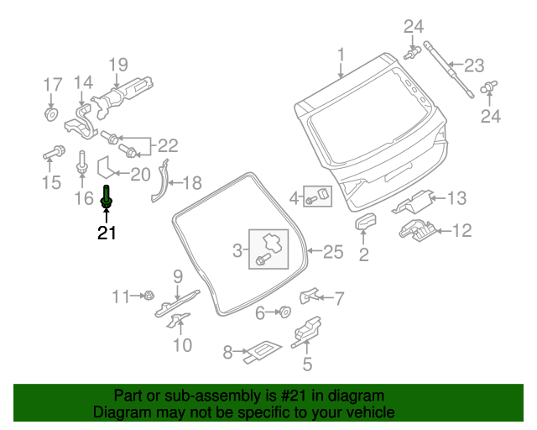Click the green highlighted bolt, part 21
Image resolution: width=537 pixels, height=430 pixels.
[x=107, y=197]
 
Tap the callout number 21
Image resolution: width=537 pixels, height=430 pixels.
[x=107, y=233]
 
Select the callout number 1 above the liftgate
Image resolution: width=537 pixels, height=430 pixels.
[x=341, y=55]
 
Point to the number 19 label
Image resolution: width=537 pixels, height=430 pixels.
[x=117, y=63]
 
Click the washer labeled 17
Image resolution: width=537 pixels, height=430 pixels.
[x=50, y=113]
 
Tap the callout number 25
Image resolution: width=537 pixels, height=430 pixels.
[x=333, y=251]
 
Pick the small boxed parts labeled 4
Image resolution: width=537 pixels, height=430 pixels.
[x=318, y=197]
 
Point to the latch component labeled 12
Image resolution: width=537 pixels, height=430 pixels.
[x=417, y=228]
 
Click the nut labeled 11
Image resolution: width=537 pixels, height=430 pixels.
[x=146, y=295]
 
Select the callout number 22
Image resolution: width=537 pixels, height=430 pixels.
[x=169, y=145]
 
